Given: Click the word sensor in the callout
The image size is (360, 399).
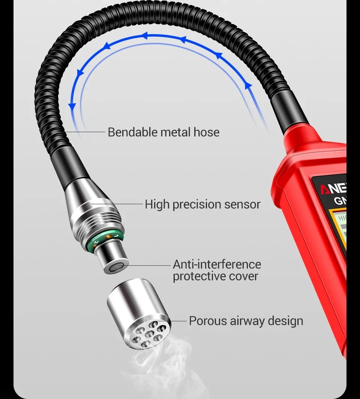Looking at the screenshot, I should (242, 205).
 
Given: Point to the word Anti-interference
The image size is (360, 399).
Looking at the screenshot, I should (217, 264).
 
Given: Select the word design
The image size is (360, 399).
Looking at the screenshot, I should (285, 321).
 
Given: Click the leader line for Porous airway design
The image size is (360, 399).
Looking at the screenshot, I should (178, 321).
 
